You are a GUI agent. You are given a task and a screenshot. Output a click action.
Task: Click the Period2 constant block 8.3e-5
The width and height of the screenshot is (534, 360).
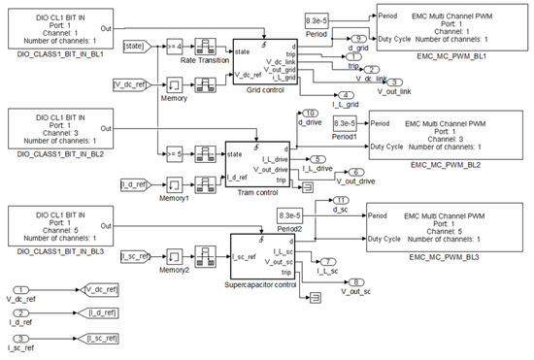point(290,215)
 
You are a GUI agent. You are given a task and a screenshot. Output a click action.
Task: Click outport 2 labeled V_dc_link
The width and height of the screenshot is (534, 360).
point(373,70)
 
